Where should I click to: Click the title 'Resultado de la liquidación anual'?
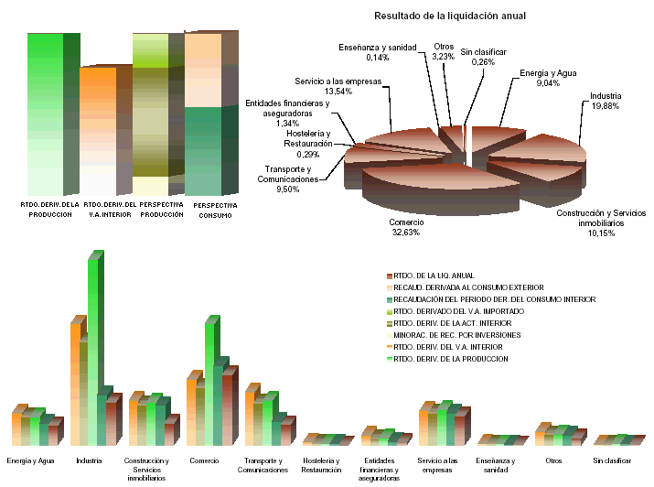tap(450, 16)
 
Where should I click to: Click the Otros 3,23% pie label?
tap(444, 51)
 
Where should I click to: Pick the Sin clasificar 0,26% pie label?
tap(483, 57)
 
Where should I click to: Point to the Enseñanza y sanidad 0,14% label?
tap(377, 51)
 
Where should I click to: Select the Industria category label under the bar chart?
tap(89, 460)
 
